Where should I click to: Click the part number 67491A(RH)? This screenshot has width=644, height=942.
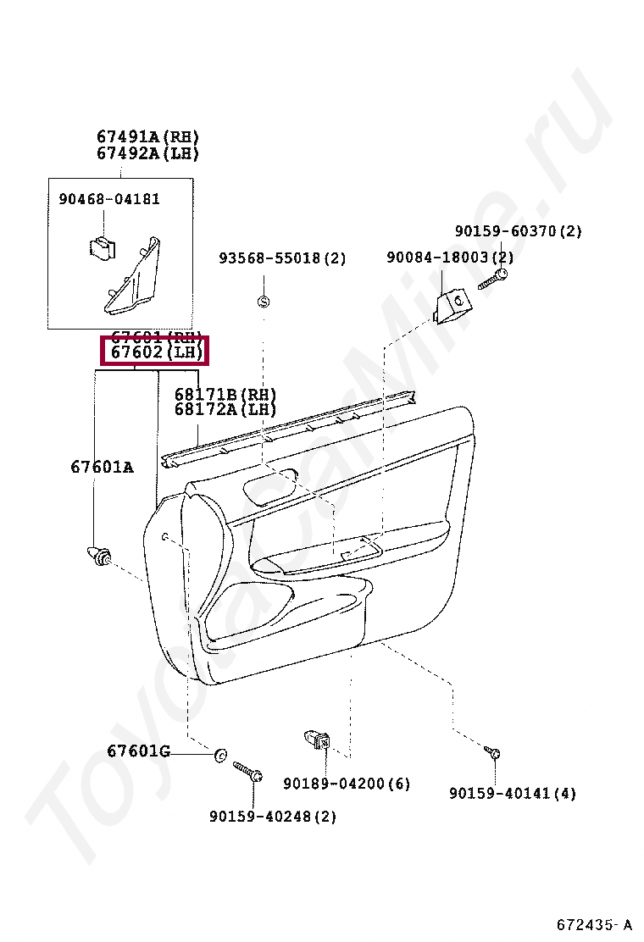point(147,136)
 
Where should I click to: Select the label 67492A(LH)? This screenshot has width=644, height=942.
point(147,153)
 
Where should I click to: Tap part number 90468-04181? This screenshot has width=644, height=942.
point(109,199)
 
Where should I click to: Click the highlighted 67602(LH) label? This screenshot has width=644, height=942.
point(153,352)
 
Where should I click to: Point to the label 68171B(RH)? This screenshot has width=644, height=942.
point(225,394)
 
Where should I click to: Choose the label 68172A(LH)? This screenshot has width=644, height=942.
point(225,409)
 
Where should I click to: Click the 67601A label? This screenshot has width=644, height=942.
point(102,467)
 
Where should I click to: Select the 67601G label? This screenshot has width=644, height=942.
point(138,751)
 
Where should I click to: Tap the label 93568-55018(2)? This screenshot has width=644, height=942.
point(282,258)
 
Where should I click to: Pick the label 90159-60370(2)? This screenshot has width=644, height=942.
point(518,231)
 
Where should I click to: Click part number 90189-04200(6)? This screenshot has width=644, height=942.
point(347,784)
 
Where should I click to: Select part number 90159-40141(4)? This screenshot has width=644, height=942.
point(513,794)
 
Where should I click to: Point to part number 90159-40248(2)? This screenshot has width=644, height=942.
point(273,817)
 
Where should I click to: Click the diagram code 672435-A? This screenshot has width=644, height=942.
point(594,923)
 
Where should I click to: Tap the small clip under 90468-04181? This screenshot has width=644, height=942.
point(101,246)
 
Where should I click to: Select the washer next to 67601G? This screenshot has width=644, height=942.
point(220,754)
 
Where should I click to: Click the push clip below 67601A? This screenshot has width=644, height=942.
point(99,556)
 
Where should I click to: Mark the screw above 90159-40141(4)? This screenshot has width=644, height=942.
point(494,752)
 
